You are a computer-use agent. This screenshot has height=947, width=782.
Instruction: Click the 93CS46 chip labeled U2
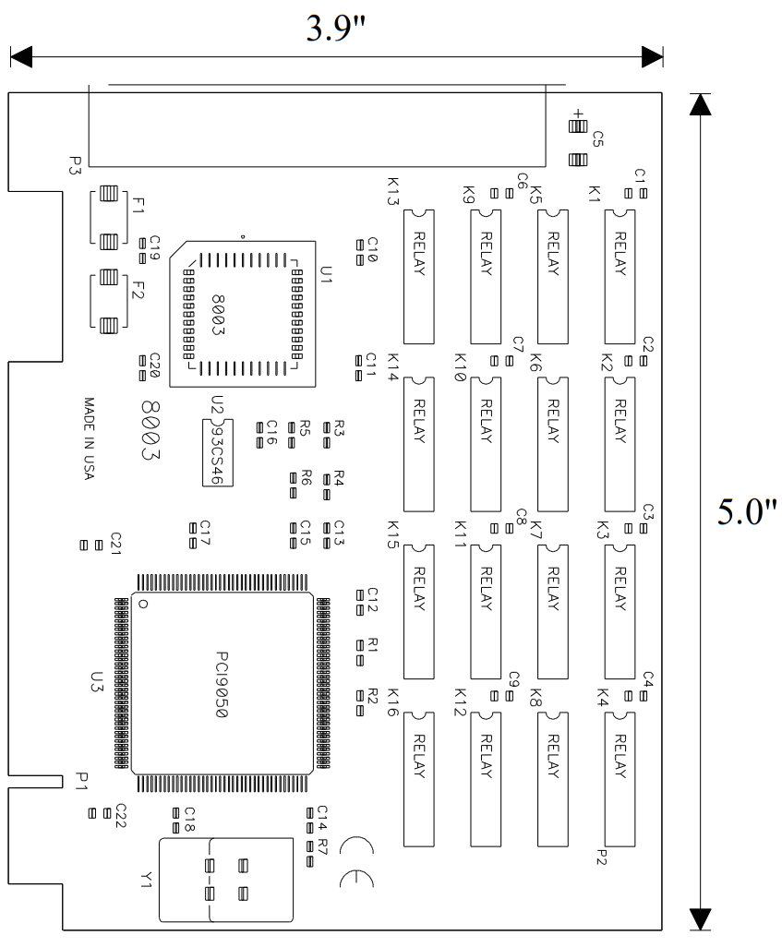[218, 451]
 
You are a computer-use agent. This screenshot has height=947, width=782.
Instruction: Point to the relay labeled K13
[419, 275]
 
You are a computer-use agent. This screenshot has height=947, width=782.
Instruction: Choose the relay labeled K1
[620, 275]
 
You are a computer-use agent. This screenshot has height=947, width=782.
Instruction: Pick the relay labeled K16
[419, 778]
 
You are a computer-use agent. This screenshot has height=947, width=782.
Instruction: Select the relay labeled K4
[620, 778]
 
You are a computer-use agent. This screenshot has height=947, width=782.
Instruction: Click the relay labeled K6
[553, 443]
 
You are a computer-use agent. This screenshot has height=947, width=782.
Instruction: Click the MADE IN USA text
[90, 438]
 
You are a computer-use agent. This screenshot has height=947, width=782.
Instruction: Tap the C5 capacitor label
[597, 139]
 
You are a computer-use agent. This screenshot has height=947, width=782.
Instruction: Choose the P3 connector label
[75, 164]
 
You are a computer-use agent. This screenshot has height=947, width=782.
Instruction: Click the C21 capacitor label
[115, 543]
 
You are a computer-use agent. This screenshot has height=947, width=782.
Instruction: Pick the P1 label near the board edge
[82, 782]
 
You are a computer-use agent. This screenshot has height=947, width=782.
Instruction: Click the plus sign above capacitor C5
[579, 114]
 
